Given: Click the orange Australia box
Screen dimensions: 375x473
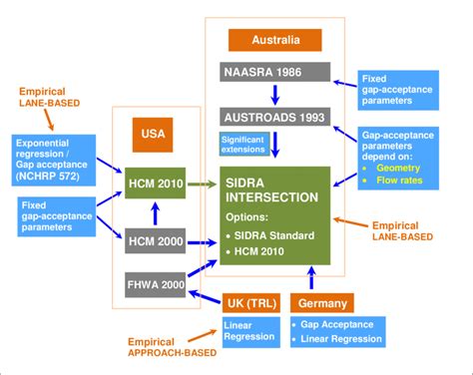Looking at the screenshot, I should click(275, 40).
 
